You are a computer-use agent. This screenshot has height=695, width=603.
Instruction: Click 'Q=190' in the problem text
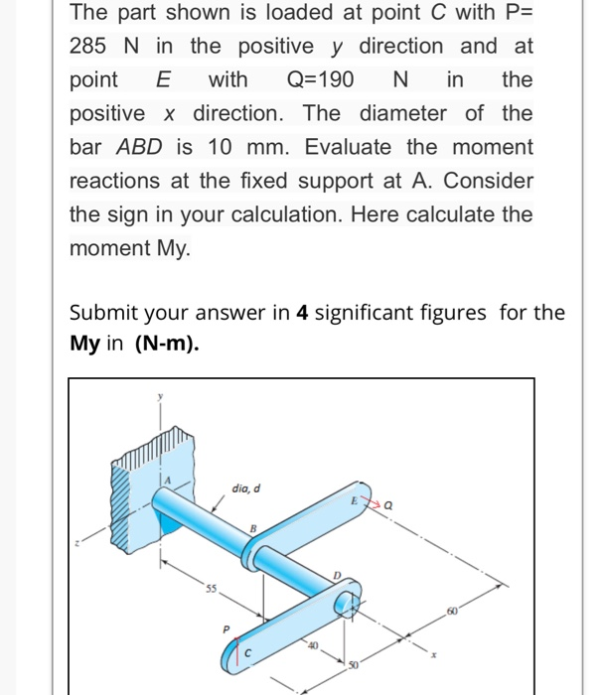tap(321, 79)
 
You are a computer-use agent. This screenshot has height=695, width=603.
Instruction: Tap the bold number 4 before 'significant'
tap(302, 313)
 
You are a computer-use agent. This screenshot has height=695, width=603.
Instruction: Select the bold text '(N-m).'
tap(169, 346)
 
